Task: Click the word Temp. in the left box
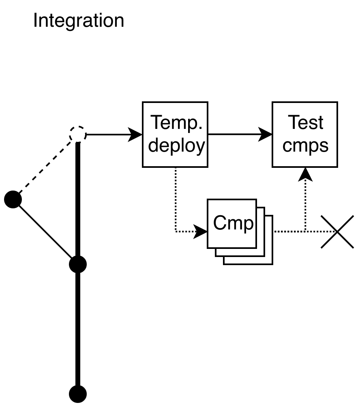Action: click(176, 123)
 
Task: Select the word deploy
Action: click(176, 146)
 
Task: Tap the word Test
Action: click(305, 123)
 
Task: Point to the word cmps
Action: click(305, 146)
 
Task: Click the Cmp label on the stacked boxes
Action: click(233, 223)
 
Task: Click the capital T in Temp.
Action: click(156, 122)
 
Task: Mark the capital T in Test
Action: click(293, 122)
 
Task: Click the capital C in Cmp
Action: click(220, 223)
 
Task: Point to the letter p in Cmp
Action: click(249, 225)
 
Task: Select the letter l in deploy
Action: click(181, 145)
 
